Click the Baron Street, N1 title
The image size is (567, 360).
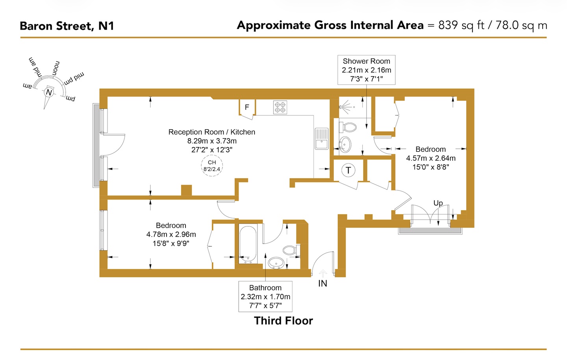67,26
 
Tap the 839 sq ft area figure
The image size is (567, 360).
461,25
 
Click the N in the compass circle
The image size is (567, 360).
49,92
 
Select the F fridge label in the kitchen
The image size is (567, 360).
247,107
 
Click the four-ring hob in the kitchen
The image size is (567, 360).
280,107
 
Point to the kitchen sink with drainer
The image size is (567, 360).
322,139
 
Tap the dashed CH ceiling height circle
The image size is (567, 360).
212,166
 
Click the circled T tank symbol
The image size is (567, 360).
348,170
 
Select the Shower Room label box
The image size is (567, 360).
366,70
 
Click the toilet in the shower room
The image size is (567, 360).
348,127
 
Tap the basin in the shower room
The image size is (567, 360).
345,144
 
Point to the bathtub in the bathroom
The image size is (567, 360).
248,244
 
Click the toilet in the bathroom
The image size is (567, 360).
291,250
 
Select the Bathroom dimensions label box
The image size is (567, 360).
265,297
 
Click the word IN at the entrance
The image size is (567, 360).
322,283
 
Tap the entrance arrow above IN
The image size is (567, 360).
322,273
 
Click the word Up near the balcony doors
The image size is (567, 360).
438,203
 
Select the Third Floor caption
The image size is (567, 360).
283,321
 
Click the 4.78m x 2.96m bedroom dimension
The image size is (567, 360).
171,234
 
